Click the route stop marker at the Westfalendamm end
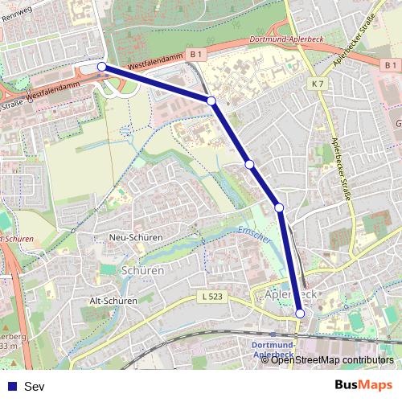tap(102, 67)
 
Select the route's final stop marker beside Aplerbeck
tap(300, 314)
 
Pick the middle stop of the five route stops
tap(250, 164)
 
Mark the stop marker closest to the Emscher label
tap(280, 208)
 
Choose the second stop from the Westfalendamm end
tap(211, 100)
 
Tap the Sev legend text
tap(35, 387)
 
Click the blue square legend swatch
tap(11, 387)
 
